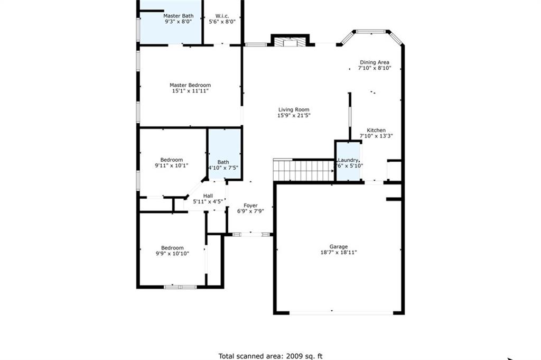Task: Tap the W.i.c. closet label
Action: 222,16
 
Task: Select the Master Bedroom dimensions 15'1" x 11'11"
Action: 190,91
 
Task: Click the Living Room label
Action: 294,110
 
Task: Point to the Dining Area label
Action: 375,62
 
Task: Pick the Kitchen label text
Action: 376,130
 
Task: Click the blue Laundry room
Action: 348,161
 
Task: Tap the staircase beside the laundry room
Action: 304,171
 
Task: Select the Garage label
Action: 339,246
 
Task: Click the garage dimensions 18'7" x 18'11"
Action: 339,253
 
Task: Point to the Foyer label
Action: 250,205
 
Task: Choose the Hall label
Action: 208,196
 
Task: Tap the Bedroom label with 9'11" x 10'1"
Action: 172,160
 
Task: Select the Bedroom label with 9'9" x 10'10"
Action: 172,247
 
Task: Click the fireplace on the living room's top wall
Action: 290,41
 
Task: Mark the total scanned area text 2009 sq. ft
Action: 270,356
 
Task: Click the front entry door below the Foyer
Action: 251,234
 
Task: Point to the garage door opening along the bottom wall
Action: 341,313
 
